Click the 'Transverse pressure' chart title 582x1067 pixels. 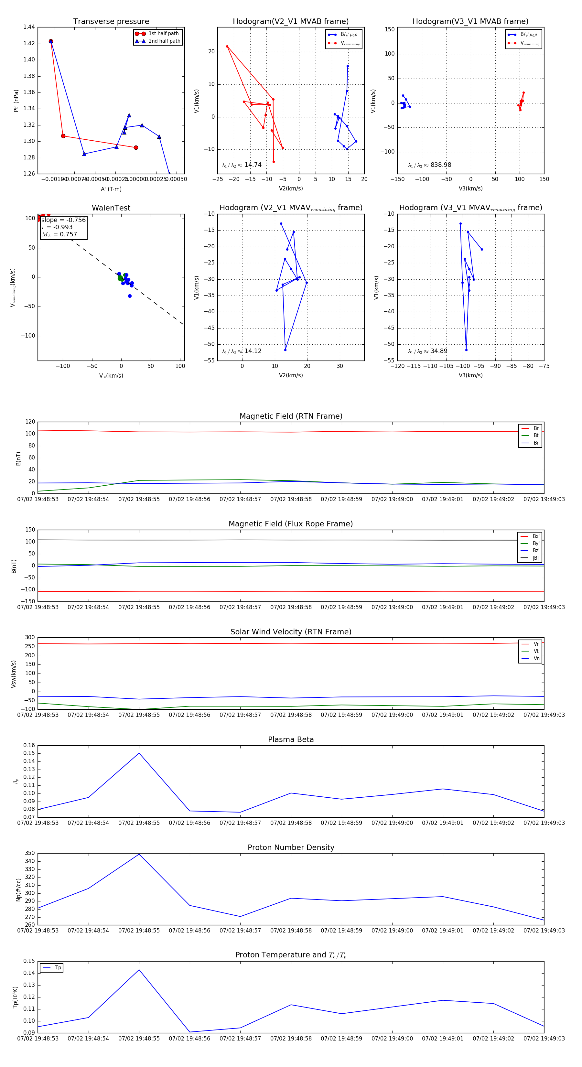coord(111,22)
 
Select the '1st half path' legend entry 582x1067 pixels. coord(163,34)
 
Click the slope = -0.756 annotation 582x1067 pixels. coord(63,220)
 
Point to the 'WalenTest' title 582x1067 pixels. coord(111,208)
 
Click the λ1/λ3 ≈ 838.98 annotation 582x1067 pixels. coord(430,165)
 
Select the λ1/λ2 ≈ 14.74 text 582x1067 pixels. coord(242,165)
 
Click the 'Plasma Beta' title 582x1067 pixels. coord(291,739)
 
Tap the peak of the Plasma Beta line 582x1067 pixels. coord(139,753)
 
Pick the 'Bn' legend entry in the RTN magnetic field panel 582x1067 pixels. coord(536,443)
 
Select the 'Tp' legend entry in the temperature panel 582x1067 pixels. coord(58,968)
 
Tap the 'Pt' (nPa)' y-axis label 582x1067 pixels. coord(16,101)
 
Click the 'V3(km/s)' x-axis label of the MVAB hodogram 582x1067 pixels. coord(470,189)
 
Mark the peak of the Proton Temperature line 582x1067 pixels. coord(139,970)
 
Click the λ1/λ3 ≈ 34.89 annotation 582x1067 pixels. coord(427,351)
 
